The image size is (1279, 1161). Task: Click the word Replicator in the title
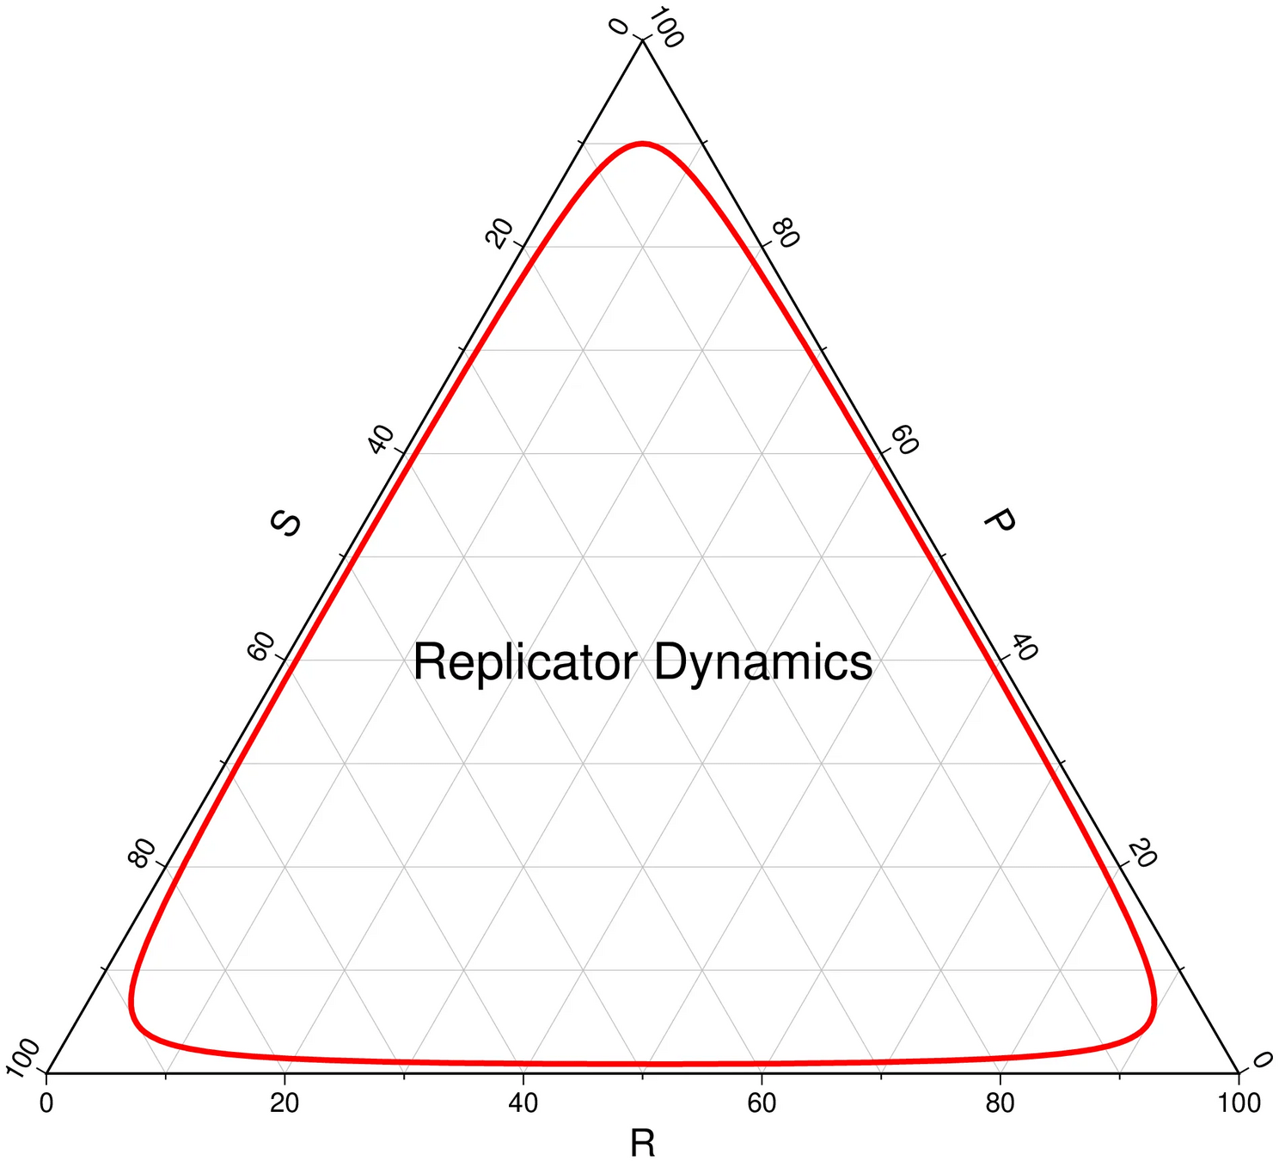[x=524, y=662]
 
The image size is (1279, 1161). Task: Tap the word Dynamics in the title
[x=763, y=662]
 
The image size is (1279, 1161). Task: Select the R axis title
[x=642, y=1144]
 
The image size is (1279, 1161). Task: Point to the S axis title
[x=286, y=523]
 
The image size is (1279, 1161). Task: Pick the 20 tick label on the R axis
[x=285, y=1103]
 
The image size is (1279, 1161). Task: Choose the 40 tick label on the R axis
[x=523, y=1103]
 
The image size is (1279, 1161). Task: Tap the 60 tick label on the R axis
[x=762, y=1103]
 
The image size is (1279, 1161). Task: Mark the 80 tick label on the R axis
[x=1001, y=1103]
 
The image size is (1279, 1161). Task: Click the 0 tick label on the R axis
[x=46, y=1103]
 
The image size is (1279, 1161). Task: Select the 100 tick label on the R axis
[x=1239, y=1103]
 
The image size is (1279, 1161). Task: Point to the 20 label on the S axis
[x=499, y=233]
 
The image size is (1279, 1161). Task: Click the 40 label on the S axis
[x=381, y=439]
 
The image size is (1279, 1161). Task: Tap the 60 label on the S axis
[x=261, y=646]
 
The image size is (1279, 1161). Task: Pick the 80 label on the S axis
[x=143, y=852]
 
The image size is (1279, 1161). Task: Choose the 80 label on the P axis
[x=785, y=233]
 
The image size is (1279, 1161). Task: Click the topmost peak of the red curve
[x=642, y=143]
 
